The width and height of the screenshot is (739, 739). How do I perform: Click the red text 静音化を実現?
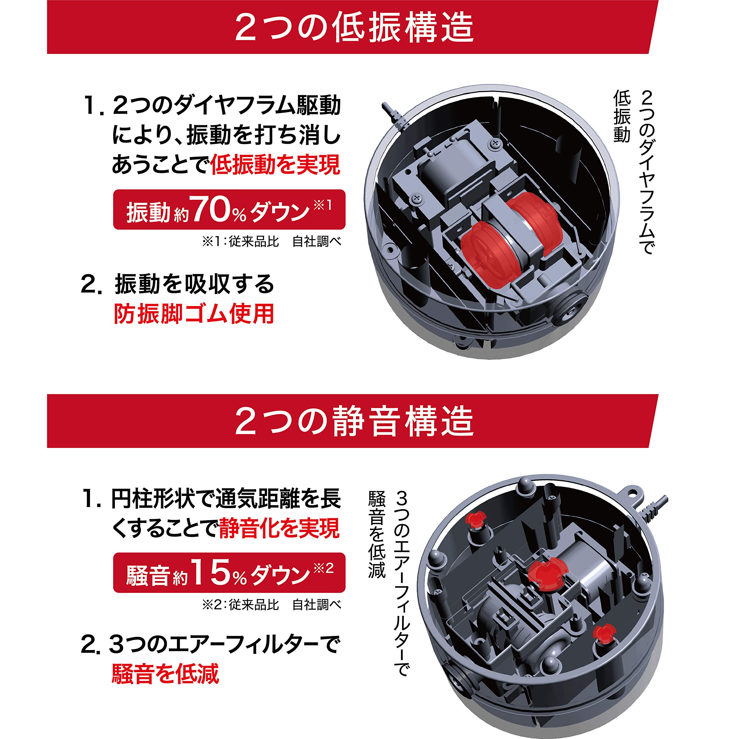[279, 529]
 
